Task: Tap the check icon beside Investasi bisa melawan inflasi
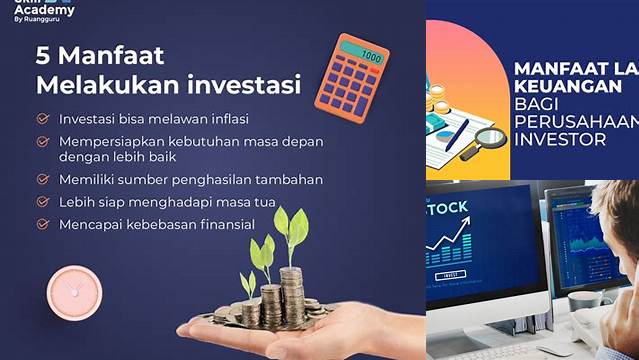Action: pos(42,117)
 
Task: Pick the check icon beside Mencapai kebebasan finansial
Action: pos(42,225)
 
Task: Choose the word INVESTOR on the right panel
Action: pos(560,139)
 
